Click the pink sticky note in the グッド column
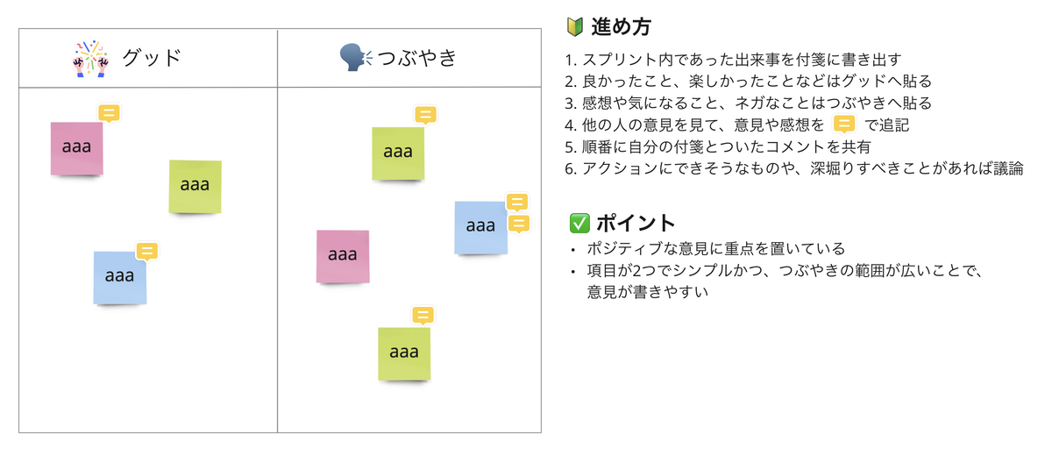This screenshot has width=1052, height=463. pyautogui.click(x=76, y=147)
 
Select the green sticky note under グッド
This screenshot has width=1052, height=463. pyautogui.click(x=195, y=186)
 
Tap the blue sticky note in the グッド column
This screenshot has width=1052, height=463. pyautogui.click(x=119, y=277)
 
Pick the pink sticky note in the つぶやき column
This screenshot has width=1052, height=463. pyautogui.click(x=342, y=256)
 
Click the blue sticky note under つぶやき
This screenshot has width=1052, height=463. pyautogui.click(x=480, y=227)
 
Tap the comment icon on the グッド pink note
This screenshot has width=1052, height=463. pyautogui.click(x=109, y=113)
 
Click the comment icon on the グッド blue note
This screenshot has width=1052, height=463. pyautogui.click(x=146, y=252)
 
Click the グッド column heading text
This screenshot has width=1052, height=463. pyautogui.click(x=152, y=59)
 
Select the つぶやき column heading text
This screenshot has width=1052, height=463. pyautogui.click(x=417, y=59)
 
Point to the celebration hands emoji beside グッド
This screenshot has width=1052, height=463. pyautogui.click(x=89, y=59)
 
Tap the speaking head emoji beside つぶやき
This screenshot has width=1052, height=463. pyautogui.click(x=355, y=59)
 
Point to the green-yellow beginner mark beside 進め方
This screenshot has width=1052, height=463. pyautogui.click(x=576, y=27)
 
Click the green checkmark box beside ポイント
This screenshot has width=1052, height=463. pyautogui.click(x=579, y=223)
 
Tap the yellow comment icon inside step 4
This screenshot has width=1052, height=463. pyautogui.click(x=843, y=125)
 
